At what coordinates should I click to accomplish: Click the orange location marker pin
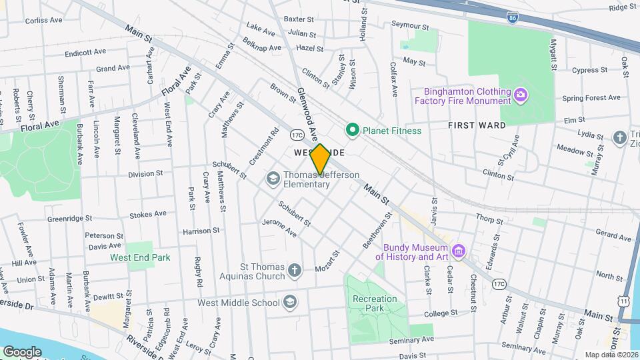point(320,159)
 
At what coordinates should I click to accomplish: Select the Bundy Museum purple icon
point(458,251)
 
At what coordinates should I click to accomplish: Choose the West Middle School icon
point(290,302)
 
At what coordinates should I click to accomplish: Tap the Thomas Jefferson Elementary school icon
point(273,178)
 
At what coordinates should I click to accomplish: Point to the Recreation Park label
point(375,304)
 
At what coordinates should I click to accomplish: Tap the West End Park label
point(140,257)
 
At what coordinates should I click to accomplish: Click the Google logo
point(23,351)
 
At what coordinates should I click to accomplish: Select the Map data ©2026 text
point(611,354)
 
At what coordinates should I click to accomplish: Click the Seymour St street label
point(408,24)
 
